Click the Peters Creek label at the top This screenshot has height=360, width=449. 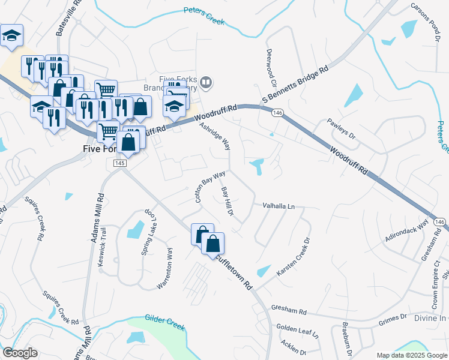[204, 16]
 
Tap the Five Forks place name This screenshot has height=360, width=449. [99, 149]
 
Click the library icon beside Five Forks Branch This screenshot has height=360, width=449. [206, 82]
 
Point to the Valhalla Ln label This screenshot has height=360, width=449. [279, 206]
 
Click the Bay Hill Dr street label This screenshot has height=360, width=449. [227, 201]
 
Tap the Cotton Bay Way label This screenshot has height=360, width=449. [209, 187]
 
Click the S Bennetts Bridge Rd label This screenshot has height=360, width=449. [295, 85]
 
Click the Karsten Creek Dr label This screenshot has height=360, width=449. [293, 257]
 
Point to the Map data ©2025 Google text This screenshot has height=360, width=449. [412, 355]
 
